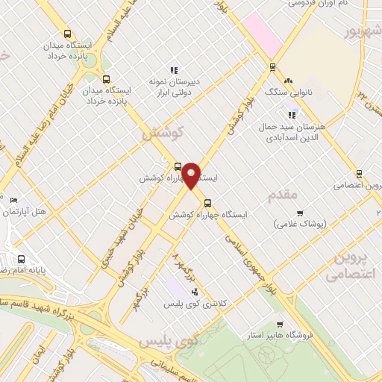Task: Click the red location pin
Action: tap(192, 175)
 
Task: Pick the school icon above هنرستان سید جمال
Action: tap(293, 114)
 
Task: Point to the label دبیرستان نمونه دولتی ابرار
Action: tap(174, 85)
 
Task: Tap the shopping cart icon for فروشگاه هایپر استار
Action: tap(280, 325)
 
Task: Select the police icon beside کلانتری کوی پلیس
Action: tap(195, 292)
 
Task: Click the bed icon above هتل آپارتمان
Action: tap(13, 200)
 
